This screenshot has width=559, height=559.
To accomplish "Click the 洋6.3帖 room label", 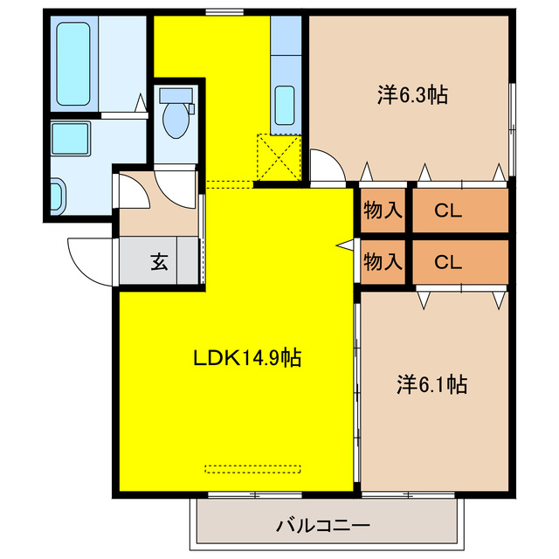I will click(412, 95).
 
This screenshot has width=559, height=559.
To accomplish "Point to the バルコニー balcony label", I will click(323, 525).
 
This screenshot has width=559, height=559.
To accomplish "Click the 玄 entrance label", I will click(160, 260).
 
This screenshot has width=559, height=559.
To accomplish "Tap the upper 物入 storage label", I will click(383, 210).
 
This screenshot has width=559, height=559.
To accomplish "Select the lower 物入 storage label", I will click(383, 260).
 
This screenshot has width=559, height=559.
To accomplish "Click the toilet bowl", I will click(177, 121).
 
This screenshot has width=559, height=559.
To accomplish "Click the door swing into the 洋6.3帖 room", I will click(325, 166).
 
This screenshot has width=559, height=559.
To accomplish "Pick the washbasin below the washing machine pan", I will click(57, 194).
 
